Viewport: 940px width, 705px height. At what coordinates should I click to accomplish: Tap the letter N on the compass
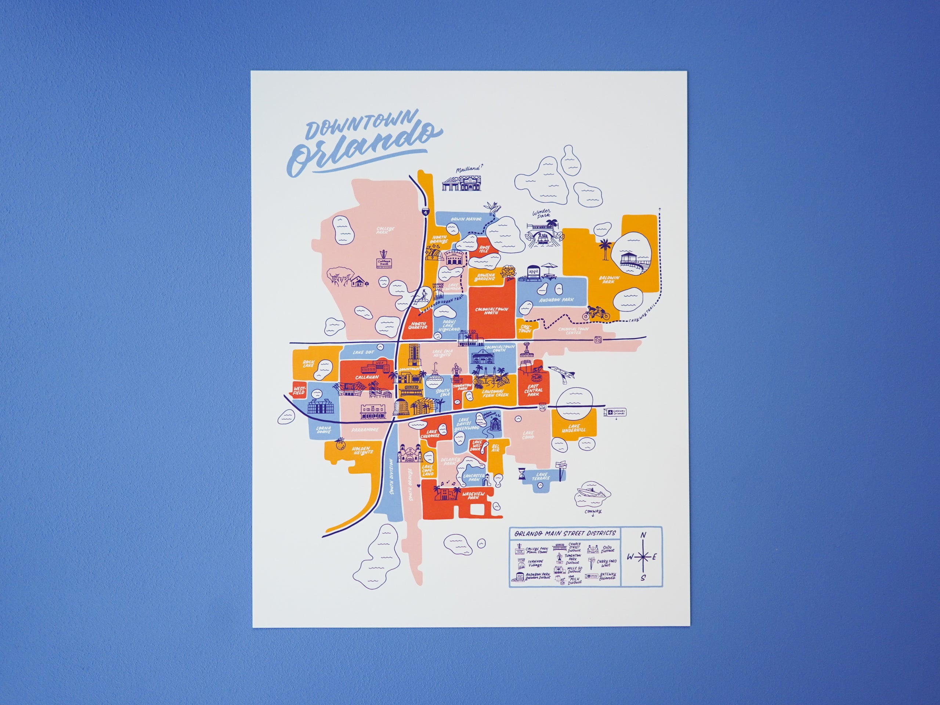[x=643, y=535]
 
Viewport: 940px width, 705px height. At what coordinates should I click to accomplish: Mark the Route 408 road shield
[x=542, y=408]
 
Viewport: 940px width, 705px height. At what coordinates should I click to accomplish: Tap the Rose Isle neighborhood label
[x=484, y=249]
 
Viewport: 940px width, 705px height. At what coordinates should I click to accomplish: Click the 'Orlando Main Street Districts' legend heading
[x=564, y=533]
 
